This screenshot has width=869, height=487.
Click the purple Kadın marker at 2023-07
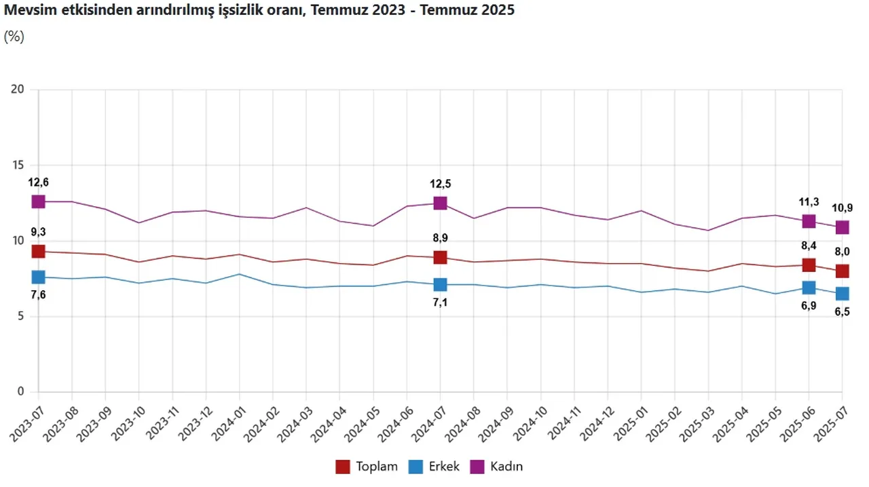38,201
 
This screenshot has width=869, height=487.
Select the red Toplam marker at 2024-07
440,257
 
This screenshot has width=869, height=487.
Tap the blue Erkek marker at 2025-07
842,293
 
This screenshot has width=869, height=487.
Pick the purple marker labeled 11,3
809,221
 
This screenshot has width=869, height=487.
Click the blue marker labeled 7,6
38,277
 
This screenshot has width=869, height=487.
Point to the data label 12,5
440,183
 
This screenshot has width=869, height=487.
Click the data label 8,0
842,252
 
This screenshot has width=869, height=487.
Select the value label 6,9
809,307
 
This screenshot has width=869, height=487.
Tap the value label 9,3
38,231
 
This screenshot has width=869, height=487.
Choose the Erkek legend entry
435,467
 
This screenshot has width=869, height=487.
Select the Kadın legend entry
499,467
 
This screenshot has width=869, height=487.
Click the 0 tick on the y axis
21,391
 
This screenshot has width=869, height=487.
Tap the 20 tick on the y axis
16,90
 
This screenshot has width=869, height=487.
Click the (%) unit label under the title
14,37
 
